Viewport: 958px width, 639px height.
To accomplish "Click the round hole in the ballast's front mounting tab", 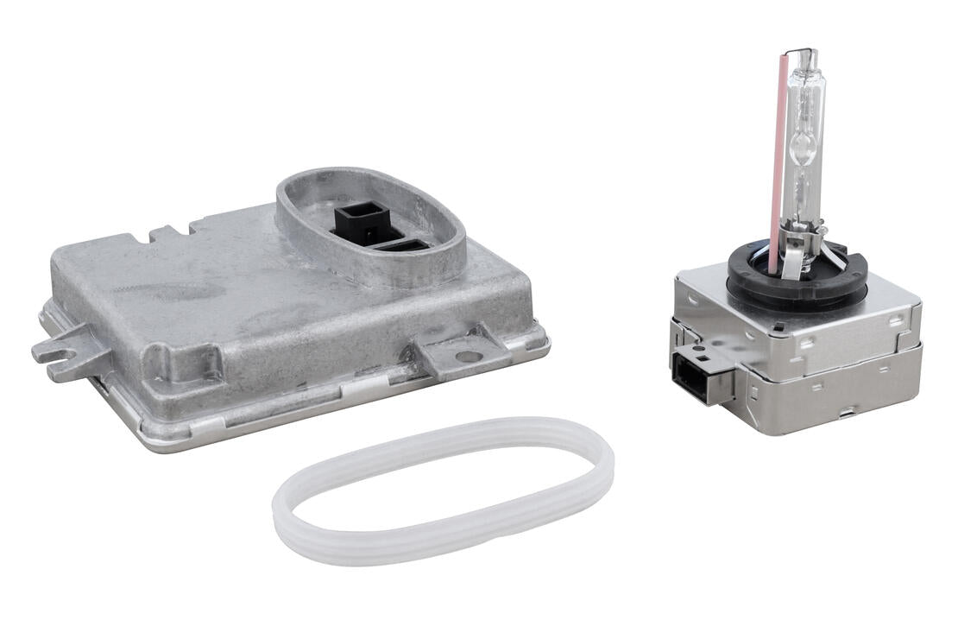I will click(466, 355).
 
